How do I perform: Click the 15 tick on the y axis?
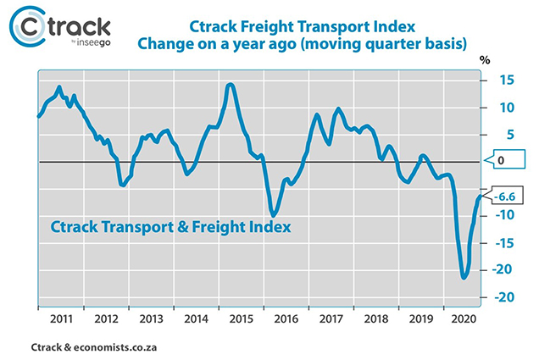(506, 80)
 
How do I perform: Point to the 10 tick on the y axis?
(506, 108)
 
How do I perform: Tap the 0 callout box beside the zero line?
(501, 160)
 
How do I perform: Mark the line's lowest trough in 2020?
(464, 276)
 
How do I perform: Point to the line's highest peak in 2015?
(231, 85)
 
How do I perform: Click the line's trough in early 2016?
(273, 213)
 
